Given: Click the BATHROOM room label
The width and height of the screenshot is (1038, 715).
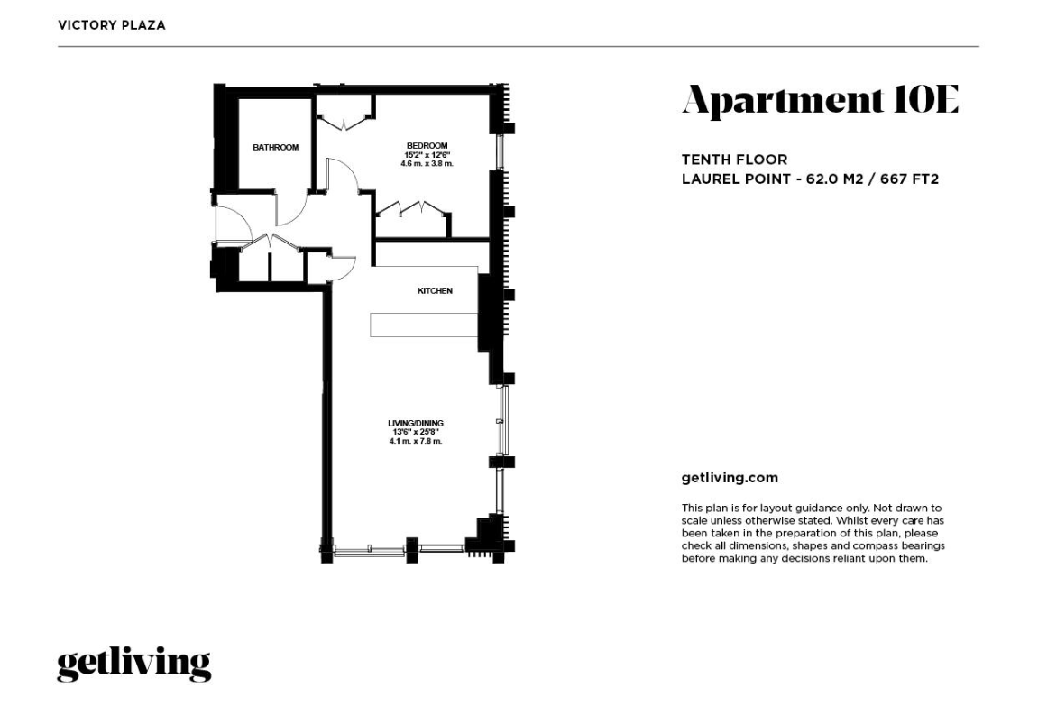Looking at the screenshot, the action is pyautogui.click(x=275, y=148).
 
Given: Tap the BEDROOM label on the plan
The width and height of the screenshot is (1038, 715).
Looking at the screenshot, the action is pyautogui.click(x=427, y=146).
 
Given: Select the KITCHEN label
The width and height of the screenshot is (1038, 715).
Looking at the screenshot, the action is pyautogui.click(x=435, y=290).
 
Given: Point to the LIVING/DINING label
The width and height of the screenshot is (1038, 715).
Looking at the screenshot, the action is pyautogui.click(x=416, y=423).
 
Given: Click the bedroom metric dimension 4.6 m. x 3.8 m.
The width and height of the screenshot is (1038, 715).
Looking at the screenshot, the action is pyautogui.click(x=427, y=163).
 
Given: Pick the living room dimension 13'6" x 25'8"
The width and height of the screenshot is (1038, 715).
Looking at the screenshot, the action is pyautogui.click(x=416, y=432).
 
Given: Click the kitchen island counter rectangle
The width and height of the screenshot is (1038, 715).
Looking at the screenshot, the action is pyautogui.click(x=424, y=325).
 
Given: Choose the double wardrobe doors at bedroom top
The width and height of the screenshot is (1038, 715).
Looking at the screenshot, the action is pyautogui.click(x=344, y=123).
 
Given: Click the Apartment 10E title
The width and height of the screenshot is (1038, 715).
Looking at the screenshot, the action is pyautogui.click(x=820, y=101).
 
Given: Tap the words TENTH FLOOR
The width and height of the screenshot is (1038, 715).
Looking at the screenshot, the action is pyautogui.click(x=735, y=160).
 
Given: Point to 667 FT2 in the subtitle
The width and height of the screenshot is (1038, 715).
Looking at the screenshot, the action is pyautogui.click(x=910, y=179).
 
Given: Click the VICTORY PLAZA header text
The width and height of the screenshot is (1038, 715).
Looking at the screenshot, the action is pyautogui.click(x=112, y=25).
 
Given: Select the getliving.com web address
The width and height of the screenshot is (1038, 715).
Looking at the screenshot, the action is pyautogui.click(x=730, y=478).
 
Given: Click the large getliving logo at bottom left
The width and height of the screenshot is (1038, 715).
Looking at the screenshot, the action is pyautogui.click(x=134, y=664).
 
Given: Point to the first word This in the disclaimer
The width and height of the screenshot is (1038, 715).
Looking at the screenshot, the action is pyautogui.click(x=693, y=509).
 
